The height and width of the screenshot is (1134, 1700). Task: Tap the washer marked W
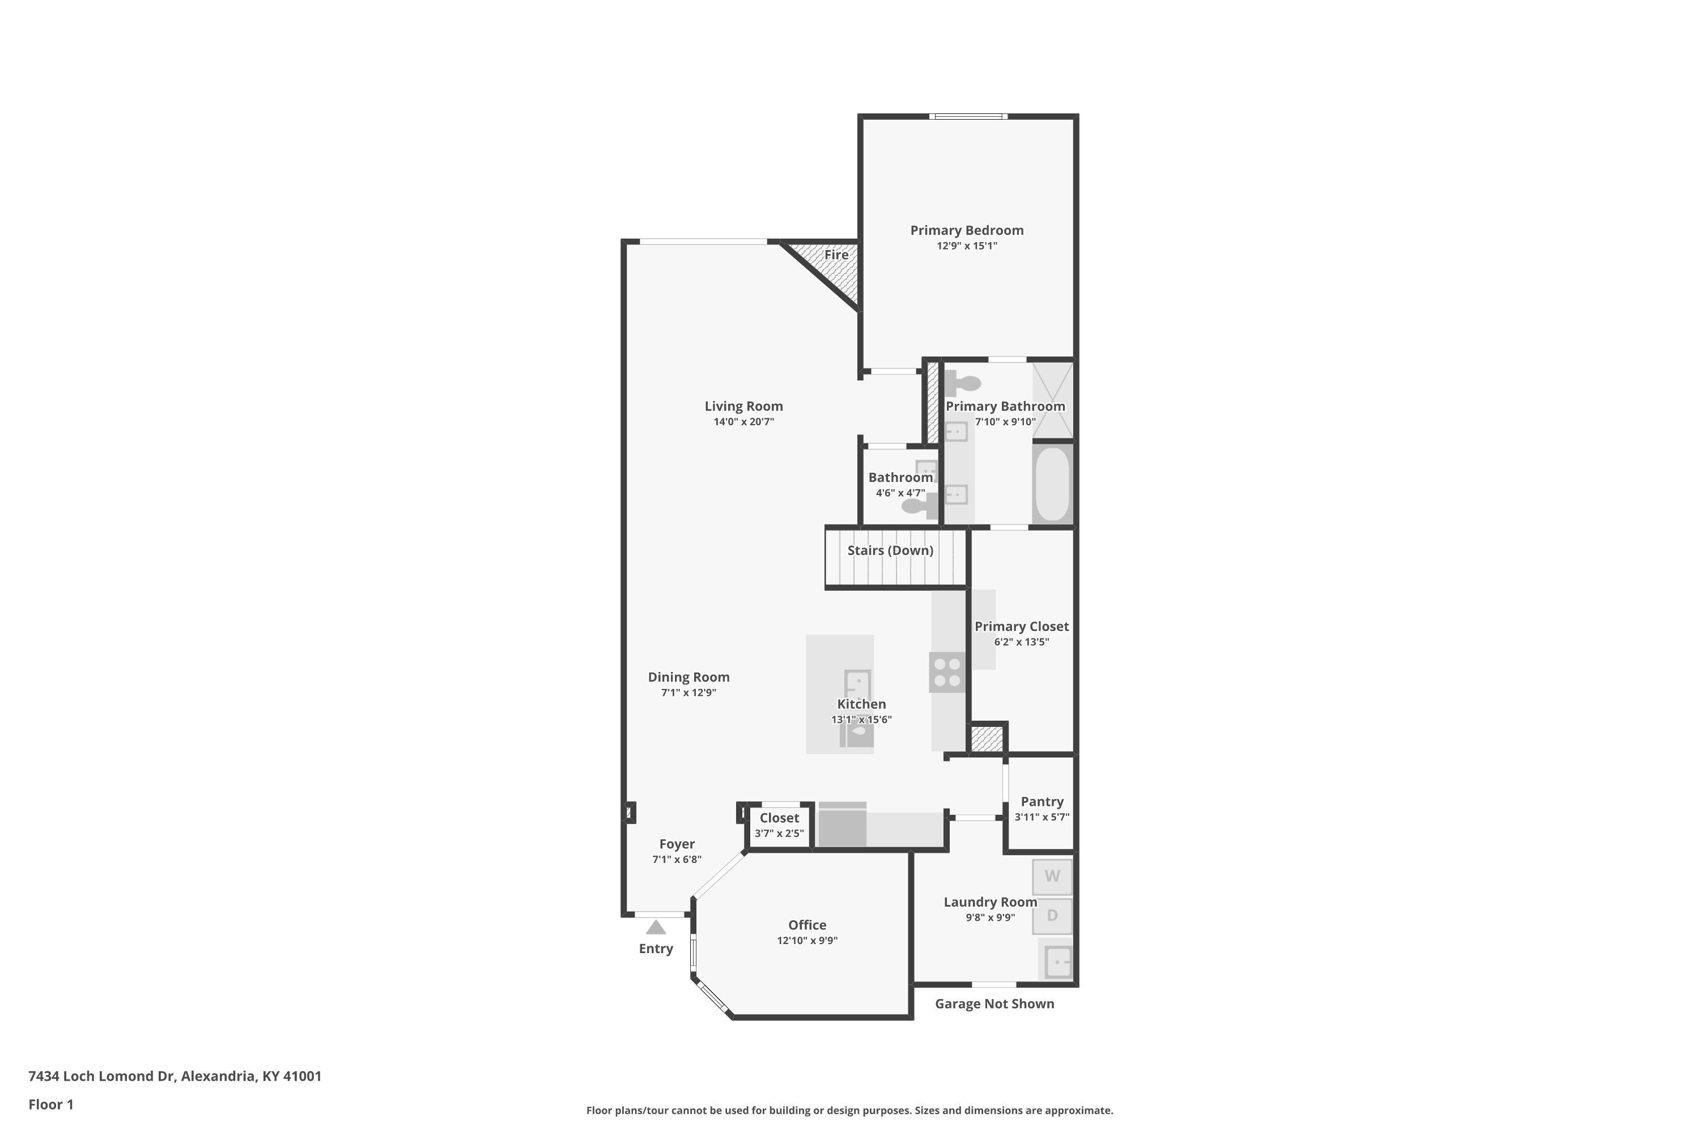[x=1052, y=877]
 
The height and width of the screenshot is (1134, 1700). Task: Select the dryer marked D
[x=1052, y=916]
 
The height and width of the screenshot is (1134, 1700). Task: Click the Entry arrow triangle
[x=656, y=927]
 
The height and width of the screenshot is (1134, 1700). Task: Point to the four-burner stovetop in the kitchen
[x=947, y=672]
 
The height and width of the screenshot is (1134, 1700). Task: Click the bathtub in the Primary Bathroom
[x=1052, y=484]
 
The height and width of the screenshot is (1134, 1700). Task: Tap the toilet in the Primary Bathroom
[x=962, y=383]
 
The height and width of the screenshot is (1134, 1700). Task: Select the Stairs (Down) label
[x=890, y=551]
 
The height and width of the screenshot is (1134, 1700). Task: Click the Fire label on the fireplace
[x=836, y=255]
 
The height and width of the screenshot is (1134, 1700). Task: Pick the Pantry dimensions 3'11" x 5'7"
[x=1042, y=817]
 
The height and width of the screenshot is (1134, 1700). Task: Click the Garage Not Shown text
[x=994, y=1004]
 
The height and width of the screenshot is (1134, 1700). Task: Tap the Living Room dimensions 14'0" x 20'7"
[x=743, y=422]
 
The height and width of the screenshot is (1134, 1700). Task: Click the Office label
[x=807, y=925]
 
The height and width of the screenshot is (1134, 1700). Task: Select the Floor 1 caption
[x=50, y=1105]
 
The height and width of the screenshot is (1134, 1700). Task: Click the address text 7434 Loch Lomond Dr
[x=102, y=1076]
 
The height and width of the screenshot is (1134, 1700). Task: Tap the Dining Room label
[x=689, y=677]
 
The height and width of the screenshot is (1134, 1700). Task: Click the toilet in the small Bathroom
[x=919, y=505]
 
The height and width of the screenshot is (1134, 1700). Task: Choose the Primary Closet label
[x=1021, y=627]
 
